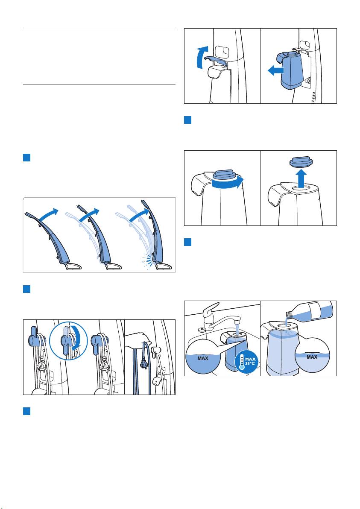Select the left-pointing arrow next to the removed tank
[x=275, y=70]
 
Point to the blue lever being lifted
[x=216, y=60]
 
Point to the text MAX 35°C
[x=251, y=361]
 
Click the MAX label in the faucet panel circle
[x=203, y=358]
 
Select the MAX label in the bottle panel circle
[x=312, y=357]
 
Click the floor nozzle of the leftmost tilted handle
[x=73, y=266]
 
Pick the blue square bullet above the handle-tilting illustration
[x=26, y=158]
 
